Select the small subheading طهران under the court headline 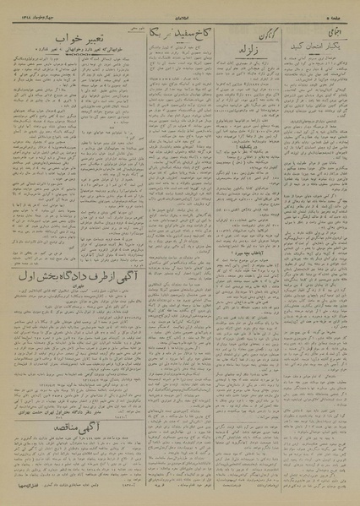pyautogui.click(x=79, y=310)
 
